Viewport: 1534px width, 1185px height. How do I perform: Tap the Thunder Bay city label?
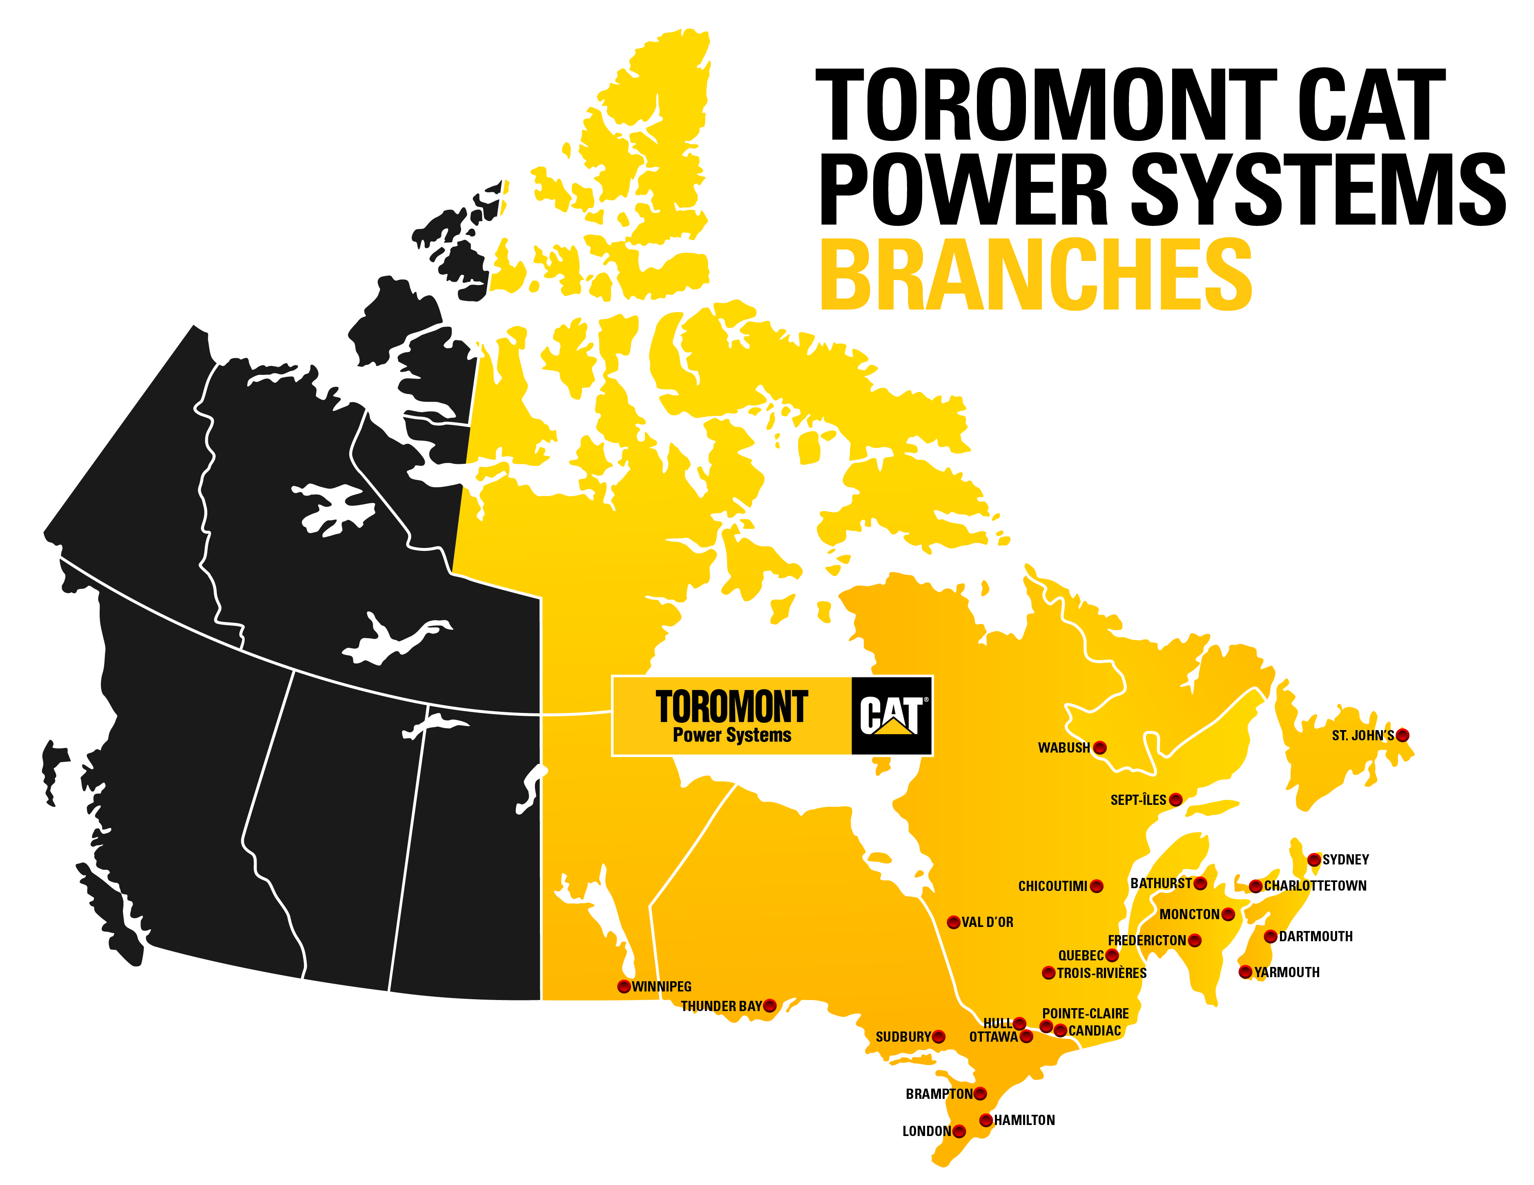(720, 1006)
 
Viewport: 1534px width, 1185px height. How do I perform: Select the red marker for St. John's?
(1402, 735)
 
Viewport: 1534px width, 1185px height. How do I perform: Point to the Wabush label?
(1064, 747)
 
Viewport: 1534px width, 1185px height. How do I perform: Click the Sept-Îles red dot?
(1175, 800)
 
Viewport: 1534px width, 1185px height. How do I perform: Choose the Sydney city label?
(1346, 859)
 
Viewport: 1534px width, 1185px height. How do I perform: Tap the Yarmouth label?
(1287, 972)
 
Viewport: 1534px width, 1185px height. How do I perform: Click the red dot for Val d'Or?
(953, 922)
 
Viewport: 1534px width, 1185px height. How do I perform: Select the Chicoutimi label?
(1052, 887)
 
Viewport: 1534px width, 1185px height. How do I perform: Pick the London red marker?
(959, 1131)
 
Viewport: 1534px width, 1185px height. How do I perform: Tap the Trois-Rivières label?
(1101, 973)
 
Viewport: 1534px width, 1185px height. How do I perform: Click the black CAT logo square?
(891, 716)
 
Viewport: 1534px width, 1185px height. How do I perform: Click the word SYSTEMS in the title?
(1318, 189)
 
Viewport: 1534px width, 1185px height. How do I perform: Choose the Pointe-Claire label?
(1085, 1013)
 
